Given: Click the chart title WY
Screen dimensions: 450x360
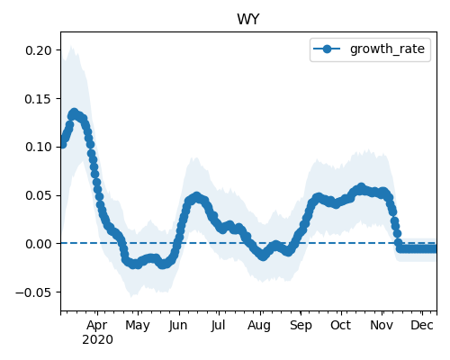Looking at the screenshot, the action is (x=247, y=20).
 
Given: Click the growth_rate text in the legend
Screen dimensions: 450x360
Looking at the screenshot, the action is (x=387, y=49).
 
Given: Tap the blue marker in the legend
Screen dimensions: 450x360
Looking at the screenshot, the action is (x=327, y=49).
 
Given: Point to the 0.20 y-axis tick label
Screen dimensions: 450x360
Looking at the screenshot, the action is (x=39, y=50).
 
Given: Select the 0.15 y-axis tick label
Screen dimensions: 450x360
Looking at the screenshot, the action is (x=39, y=99).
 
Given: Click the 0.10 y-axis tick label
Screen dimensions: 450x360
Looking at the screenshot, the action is (x=39, y=147).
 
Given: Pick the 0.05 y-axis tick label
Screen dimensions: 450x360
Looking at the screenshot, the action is (x=39, y=195).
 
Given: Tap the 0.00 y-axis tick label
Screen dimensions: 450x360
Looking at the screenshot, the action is (x=39, y=244).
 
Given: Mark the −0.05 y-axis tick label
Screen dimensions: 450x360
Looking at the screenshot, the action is (x=34, y=292).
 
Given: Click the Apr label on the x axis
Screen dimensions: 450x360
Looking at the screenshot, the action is (x=97, y=326).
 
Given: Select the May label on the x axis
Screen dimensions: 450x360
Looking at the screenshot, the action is (x=138, y=326).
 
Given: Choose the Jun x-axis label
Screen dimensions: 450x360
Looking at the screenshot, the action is (x=178, y=326).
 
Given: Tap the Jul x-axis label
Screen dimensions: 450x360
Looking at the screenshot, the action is (x=218, y=326).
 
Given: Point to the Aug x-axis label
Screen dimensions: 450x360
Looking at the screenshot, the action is (x=259, y=326).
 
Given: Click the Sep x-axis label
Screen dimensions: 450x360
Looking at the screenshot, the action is (x=301, y=326).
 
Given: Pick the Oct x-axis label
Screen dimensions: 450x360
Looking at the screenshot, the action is (x=340, y=326).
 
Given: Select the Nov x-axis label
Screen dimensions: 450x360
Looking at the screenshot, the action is (x=382, y=326).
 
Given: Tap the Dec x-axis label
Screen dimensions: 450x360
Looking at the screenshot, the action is (x=422, y=326).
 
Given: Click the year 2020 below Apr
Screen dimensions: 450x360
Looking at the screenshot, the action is (x=97, y=340).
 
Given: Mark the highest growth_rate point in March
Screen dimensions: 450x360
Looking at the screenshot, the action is (x=74, y=113).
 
